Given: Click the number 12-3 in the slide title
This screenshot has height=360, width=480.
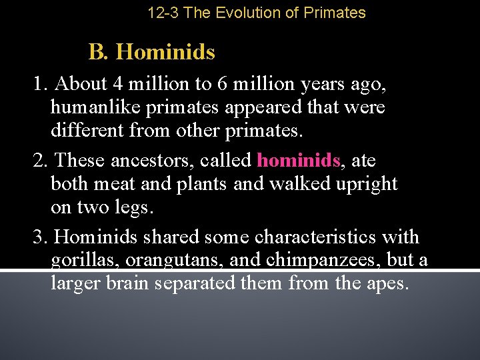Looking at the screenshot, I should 163,13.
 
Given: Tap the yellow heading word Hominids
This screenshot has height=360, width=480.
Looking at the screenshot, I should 165,52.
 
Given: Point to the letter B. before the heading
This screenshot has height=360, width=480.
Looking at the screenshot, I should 98,52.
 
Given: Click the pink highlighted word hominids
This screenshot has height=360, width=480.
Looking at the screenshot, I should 299,161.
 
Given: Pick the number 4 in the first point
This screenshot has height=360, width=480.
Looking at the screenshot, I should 117,85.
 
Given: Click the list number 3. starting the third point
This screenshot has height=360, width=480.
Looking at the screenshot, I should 41,237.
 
